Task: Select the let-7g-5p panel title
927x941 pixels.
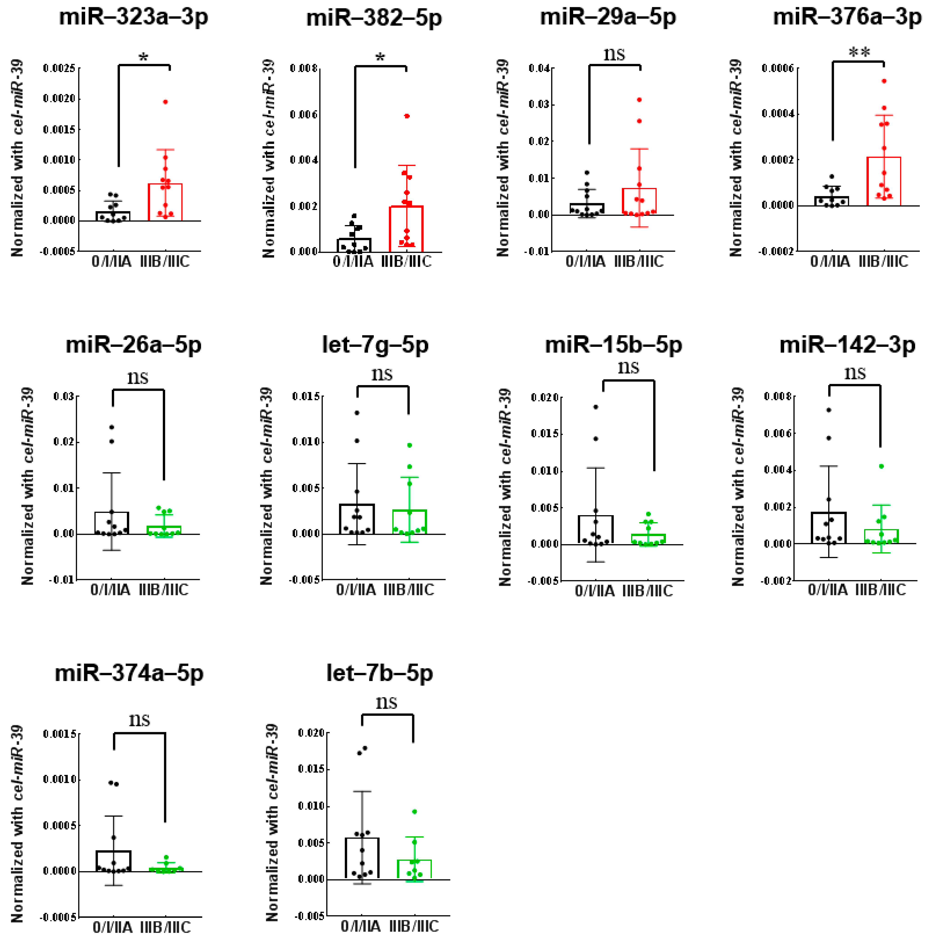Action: (x=375, y=345)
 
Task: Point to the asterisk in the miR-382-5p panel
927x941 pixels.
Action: (x=380, y=57)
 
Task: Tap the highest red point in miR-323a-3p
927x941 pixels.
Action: (x=166, y=102)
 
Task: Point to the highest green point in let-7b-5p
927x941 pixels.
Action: (x=414, y=811)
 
